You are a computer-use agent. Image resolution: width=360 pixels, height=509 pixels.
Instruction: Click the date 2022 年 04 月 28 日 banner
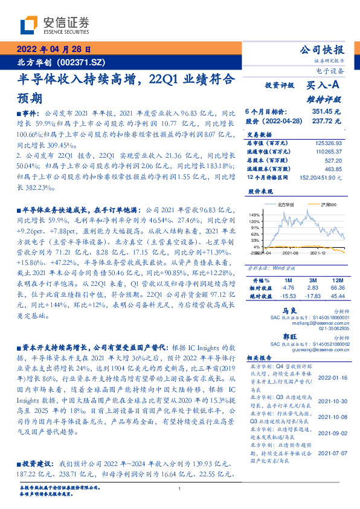[53, 50]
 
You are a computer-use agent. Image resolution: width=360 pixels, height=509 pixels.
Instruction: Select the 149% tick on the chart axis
[254, 215]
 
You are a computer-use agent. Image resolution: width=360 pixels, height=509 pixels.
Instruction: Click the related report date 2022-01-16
[330, 375]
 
